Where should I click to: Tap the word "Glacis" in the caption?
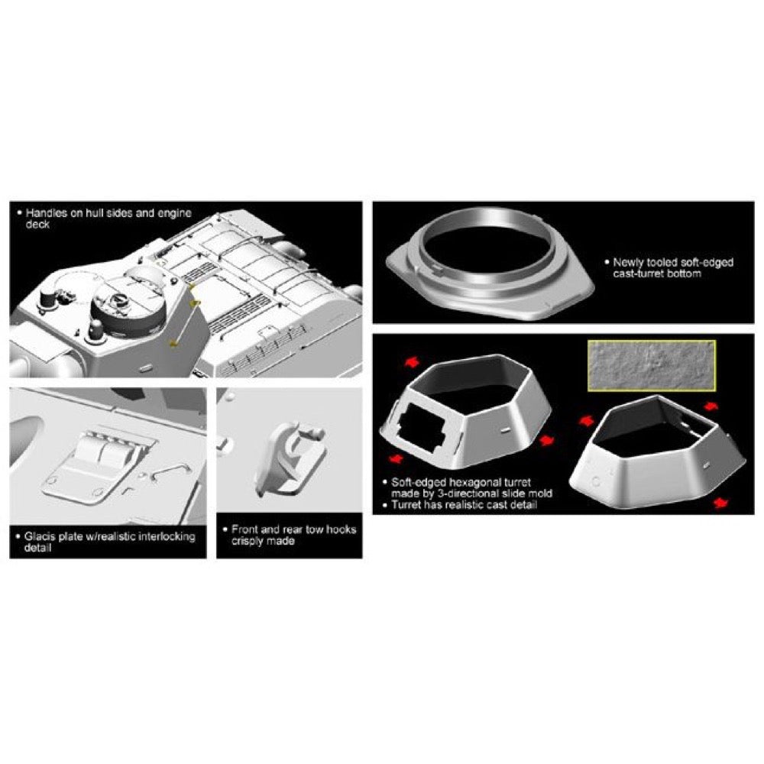coord(40,536)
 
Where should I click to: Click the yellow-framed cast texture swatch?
coord(652,365)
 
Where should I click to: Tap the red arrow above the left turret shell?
coord(413,361)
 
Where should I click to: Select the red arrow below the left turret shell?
coord(397,459)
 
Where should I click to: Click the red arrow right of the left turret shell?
coord(547,440)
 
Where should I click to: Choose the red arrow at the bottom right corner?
coord(720,503)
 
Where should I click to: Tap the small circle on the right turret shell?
coord(595,482)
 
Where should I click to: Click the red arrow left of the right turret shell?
coord(586,420)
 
